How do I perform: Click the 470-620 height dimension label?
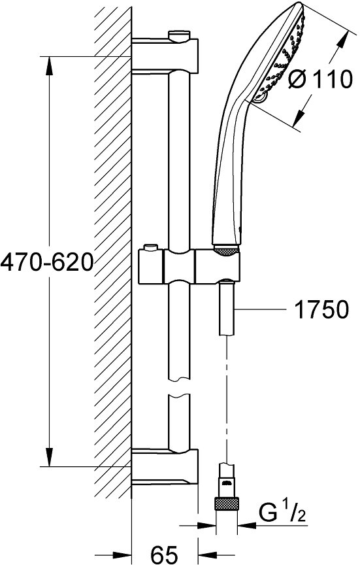coord(47,262)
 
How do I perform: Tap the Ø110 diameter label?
coord(321,79)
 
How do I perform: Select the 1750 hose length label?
coord(322,309)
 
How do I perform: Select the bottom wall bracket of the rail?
coord(165,466)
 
